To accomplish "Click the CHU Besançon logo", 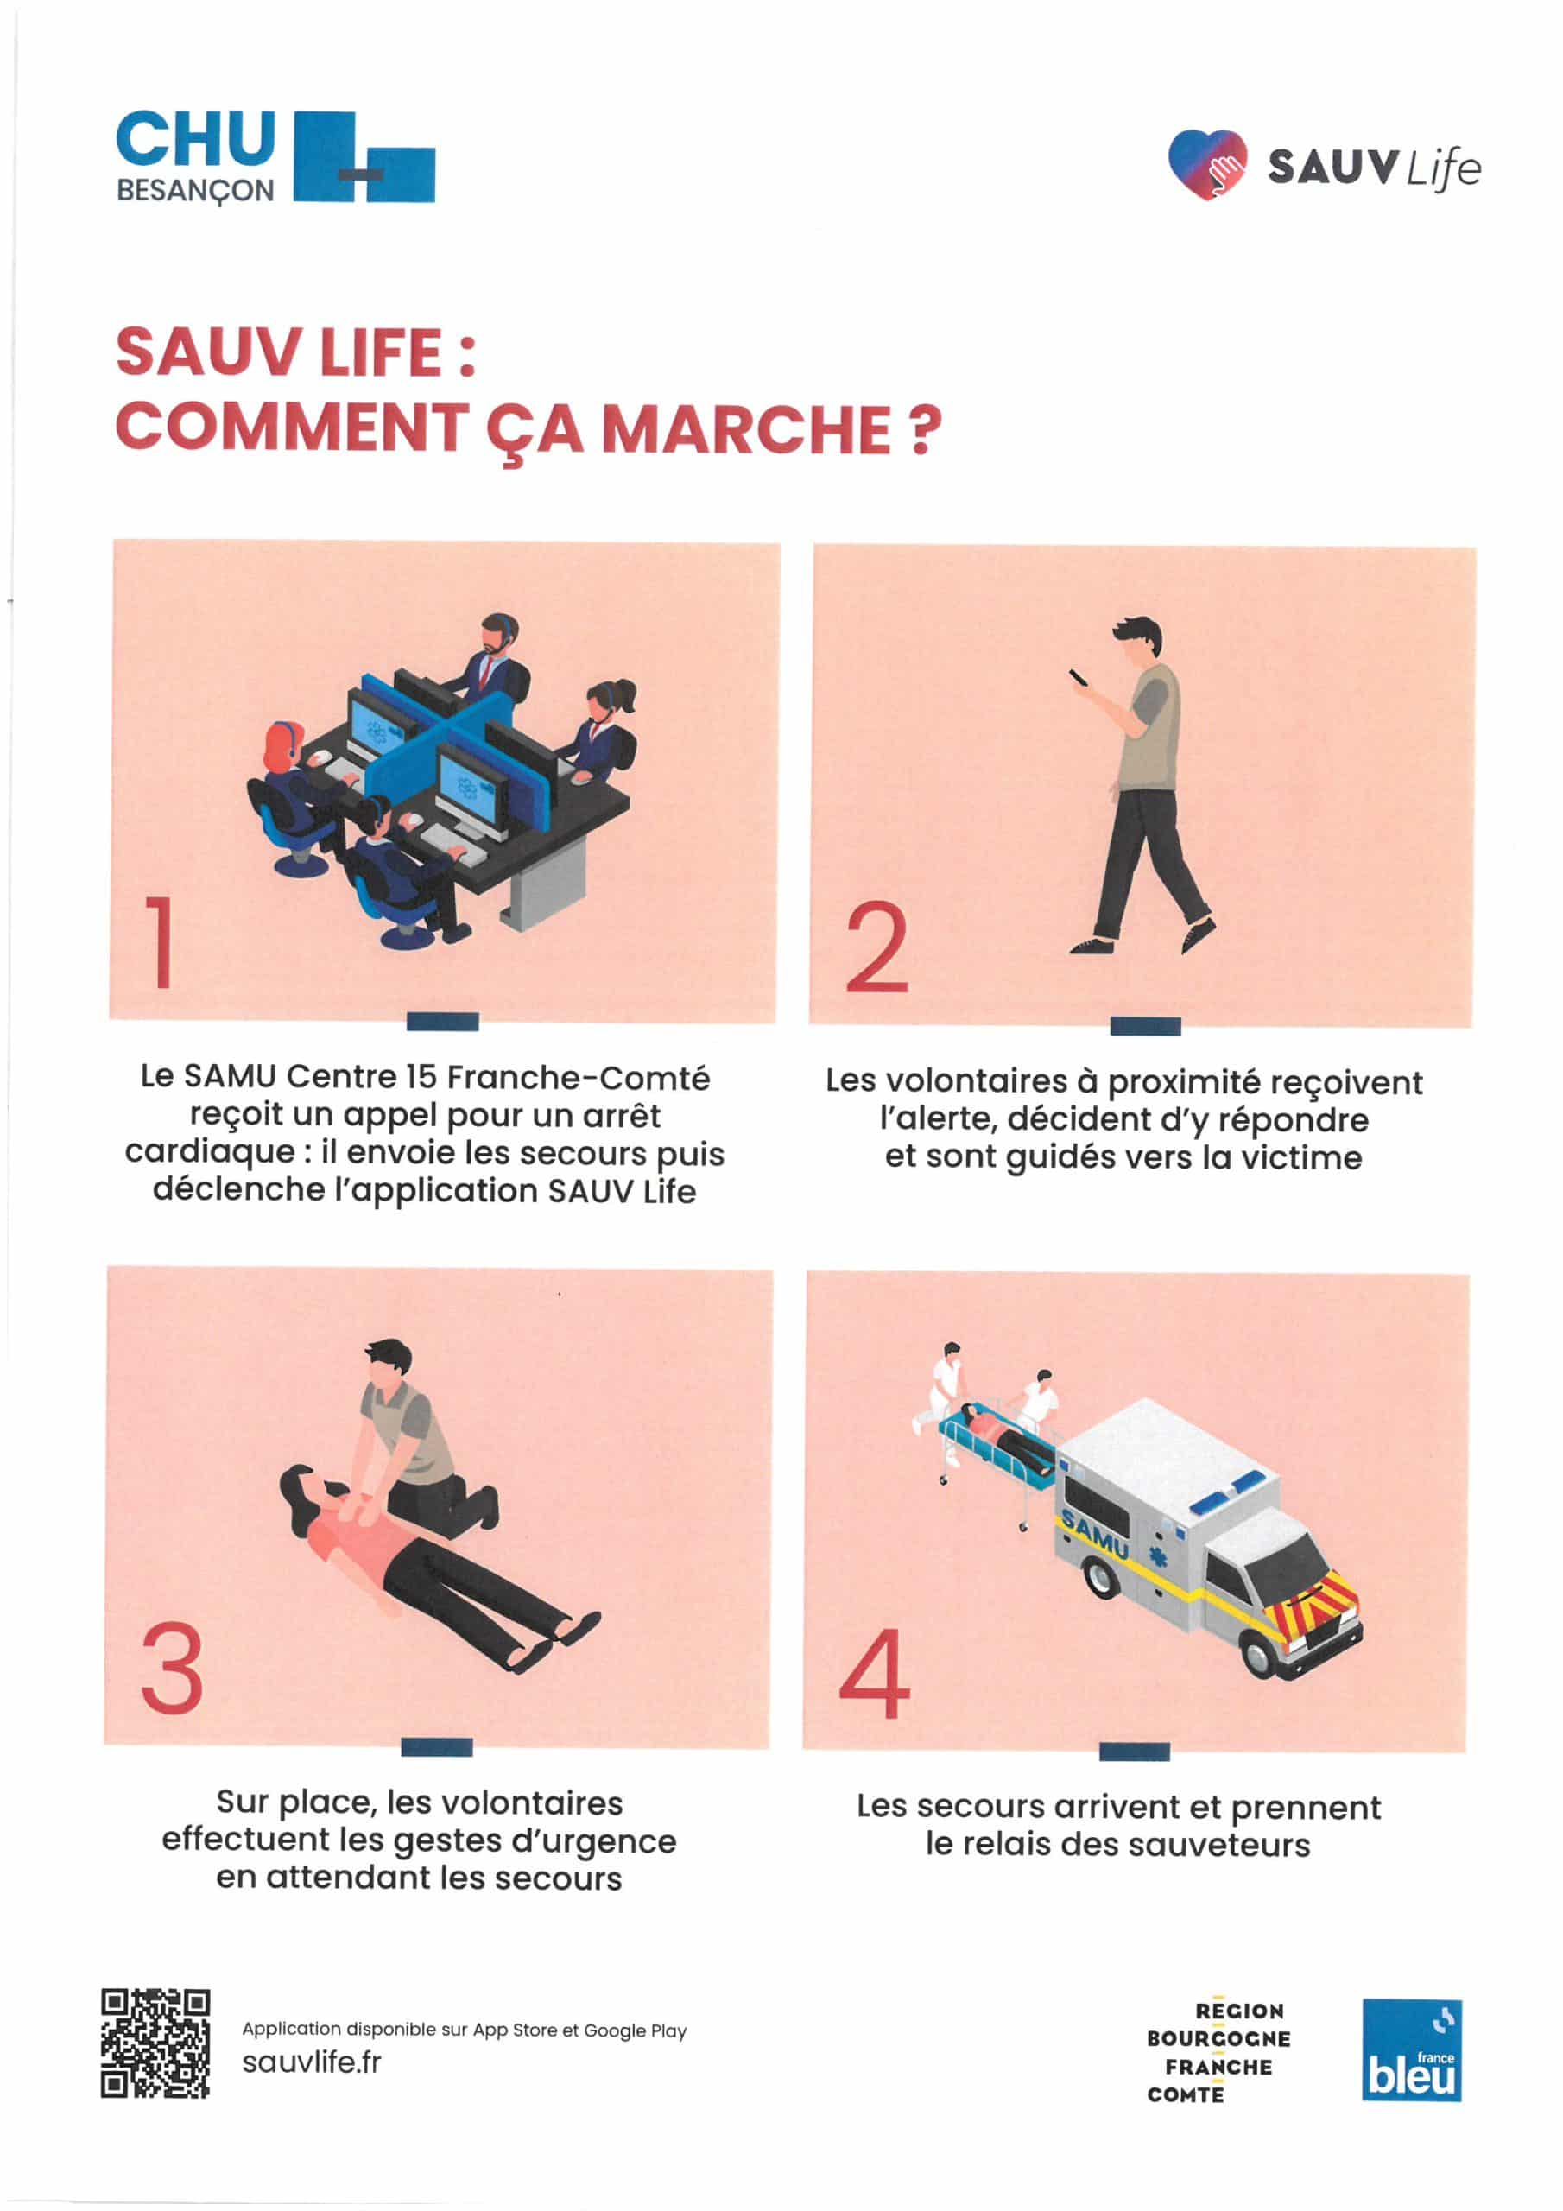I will point(275,157).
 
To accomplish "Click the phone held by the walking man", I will point(1079,678).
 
